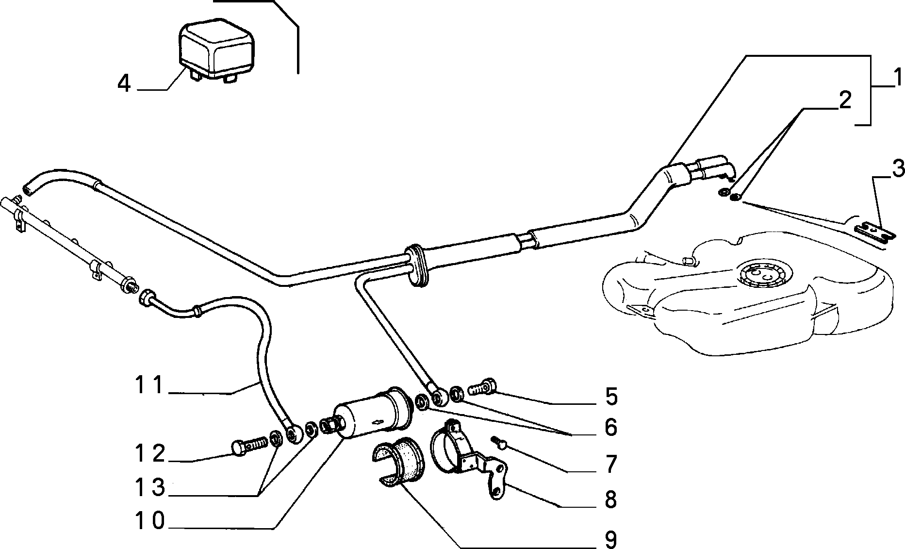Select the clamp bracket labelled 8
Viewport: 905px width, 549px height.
[x=468, y=459]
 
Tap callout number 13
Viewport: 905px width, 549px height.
[x=150, y=488]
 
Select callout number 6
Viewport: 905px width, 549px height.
[x=610, y=428]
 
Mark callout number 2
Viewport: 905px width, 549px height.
[x=845, y=100]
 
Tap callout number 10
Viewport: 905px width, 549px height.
[x=150, y=520]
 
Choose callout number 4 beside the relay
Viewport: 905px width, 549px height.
[x=125, y=84]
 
